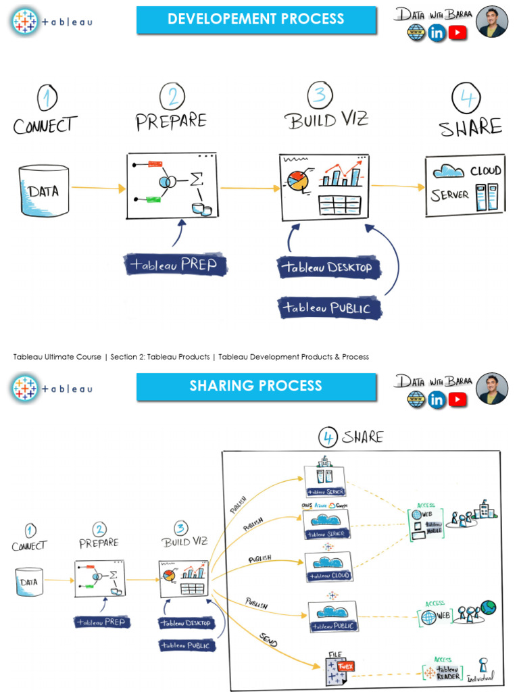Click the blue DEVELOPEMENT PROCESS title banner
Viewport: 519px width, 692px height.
point(256,20)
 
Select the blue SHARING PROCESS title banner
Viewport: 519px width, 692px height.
point(256,386)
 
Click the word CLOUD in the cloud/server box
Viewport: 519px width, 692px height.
point(485,171)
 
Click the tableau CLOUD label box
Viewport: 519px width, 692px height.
point(328,576)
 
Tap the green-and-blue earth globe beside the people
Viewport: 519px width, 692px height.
point(488,607)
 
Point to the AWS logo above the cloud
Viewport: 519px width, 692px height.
point(306,505)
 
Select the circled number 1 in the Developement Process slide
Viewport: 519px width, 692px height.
point(46,98)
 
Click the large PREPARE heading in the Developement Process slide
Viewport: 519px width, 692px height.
point(171,122)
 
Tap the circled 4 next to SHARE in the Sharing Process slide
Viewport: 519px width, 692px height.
point(328,438)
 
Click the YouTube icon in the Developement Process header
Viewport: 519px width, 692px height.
point(458,32)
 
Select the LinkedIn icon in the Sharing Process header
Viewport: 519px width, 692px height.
point(437,400)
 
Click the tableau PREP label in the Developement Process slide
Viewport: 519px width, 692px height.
point(176,264)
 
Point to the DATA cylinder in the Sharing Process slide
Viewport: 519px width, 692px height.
point(29,582)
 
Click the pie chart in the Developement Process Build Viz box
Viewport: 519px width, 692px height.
point(297,179)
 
